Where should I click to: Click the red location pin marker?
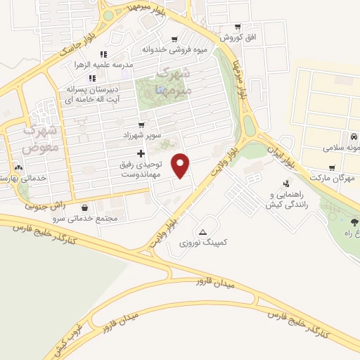181,165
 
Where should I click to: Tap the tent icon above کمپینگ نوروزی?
203,231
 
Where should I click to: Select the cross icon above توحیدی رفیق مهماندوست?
141,153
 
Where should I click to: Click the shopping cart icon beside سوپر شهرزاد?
141,124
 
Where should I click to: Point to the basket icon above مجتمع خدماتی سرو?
86,208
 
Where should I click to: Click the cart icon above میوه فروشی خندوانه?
174,39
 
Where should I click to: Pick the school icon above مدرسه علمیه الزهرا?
103,54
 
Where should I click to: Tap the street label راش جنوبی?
45,205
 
